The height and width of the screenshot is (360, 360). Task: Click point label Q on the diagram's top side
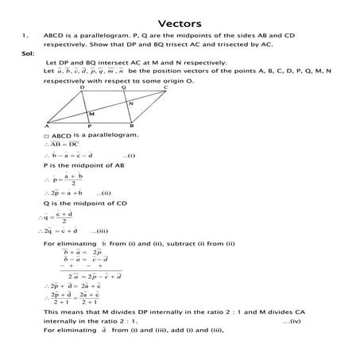tap(124, 87)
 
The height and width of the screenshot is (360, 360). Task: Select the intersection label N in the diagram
tap(130, 104)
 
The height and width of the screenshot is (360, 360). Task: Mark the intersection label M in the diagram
tap(92, 115)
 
